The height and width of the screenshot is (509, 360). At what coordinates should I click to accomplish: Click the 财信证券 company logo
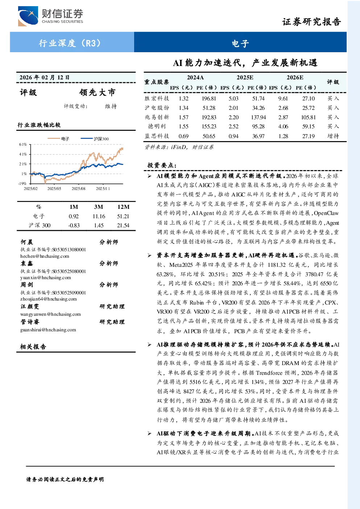tap(51, 16)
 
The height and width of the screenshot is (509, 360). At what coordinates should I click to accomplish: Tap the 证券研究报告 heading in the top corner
tap(311, 22)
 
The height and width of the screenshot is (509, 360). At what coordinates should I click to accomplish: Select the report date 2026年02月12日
tap(44, 78)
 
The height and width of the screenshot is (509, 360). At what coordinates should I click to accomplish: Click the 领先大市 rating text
tap(97, 92)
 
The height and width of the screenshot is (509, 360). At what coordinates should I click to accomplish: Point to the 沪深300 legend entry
tap(95, 138)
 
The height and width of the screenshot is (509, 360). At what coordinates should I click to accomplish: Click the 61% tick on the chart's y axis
tap(23, 144)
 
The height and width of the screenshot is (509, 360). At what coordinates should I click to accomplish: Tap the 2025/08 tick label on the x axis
tap(78, 189)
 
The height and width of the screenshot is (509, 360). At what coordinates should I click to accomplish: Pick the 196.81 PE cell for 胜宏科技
tap(209, 99)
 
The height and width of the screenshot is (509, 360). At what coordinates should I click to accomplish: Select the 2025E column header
tap(245, 78)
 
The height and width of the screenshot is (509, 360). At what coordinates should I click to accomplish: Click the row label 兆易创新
tap(157, 117)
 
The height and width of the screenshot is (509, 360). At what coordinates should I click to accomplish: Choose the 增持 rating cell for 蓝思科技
tap(333, 136)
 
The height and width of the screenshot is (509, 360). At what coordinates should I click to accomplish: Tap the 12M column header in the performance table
tap(123, 207)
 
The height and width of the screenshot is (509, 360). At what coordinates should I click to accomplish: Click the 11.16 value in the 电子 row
tap(99, 216)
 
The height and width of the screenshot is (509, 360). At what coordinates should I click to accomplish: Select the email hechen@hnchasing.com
tap(45, 256)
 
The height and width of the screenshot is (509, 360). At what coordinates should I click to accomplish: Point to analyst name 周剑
tap(27, 285)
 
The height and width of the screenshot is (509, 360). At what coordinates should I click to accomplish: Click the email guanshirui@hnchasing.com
tap(48, 330)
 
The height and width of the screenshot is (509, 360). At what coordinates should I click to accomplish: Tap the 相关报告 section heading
tap(33, 347)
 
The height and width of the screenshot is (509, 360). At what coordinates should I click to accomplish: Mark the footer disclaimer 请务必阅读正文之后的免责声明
tap(65, 480)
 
